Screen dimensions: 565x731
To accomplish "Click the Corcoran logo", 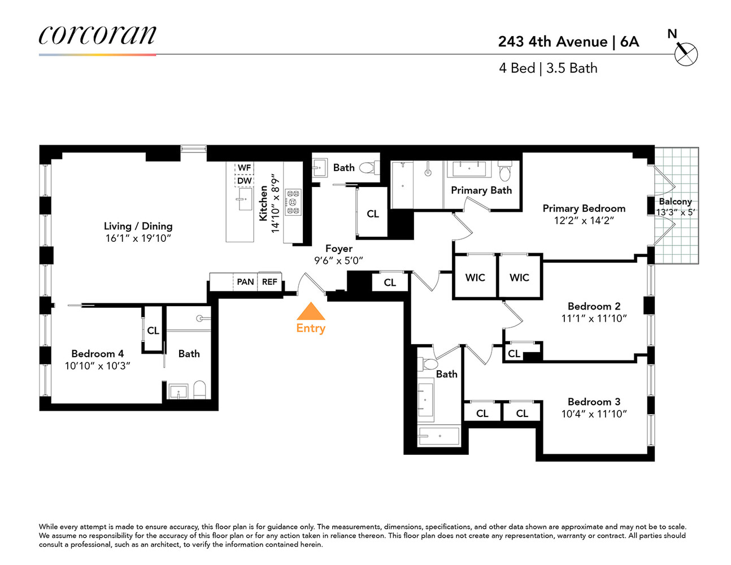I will click(x=97, y=35).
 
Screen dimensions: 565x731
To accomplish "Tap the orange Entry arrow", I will click(x=311, y=312).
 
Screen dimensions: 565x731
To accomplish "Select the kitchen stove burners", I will click(x=293, y=202).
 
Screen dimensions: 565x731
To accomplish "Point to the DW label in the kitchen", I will click(x=244, y=181).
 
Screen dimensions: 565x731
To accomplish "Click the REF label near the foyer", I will click(x=269, y=281).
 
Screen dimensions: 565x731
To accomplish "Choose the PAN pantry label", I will click(x=245, y=281).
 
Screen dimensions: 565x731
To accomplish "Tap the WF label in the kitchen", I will click(x=244, y=168).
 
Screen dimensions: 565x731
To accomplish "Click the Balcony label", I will click(x=675, y=201).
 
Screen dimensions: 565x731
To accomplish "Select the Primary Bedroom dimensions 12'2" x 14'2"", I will click(x=584, y=220).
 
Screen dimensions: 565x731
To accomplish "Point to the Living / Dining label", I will click(x=138, y=226).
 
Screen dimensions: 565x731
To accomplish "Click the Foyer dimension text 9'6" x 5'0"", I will click(x=338, y=260).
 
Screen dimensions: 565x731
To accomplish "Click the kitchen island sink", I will click(x=244, y=199).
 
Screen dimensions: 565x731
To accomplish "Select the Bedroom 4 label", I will click(x=97, y=354).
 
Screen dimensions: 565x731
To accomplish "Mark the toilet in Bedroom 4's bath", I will click(x=199, y=389).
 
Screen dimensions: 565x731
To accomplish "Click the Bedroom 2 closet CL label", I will click(x=514, y=354).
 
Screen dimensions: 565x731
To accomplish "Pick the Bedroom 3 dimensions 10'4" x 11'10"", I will click(x=594, y=414).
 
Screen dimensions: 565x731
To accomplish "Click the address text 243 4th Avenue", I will click(x=552, y=42).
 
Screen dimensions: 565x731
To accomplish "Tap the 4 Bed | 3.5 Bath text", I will click(x=548, y=68).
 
